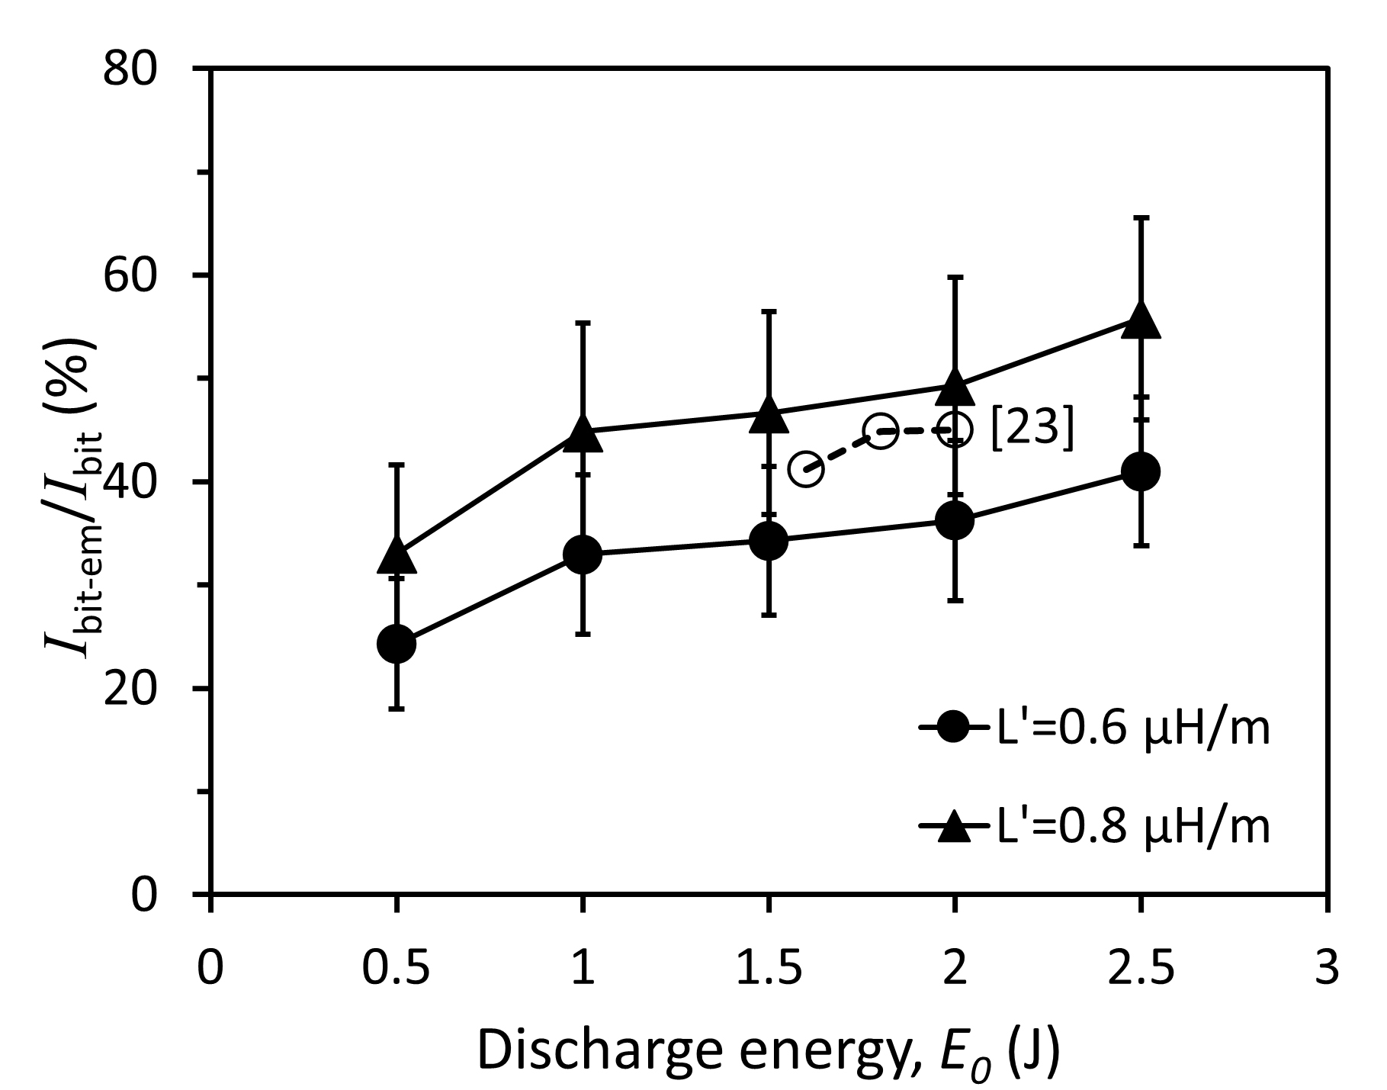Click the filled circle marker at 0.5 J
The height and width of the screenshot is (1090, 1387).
pyautogui.click(x=397, y=643)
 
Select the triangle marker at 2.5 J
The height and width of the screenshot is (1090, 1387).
pyautogui.click(x=1141, y=320)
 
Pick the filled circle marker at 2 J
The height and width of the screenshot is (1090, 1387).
pyautogui.click(x=955, y=521)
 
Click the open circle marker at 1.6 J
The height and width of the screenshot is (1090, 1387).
pyautogui.click(x=806, y=469)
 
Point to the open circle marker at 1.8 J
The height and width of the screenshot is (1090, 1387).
pyautogui.click(x=880, y=432)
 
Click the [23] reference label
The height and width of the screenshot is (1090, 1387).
pyautogui.click(x=1032, y=429)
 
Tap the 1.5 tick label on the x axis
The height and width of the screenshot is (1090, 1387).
pyautogui.click(x=769, y=967)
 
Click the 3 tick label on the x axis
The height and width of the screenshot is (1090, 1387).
pyautogui.click(x=1327, y=967)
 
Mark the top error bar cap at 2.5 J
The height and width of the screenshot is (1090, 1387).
pyautogui.click(x=1141, y=218)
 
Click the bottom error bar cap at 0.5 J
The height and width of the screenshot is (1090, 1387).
pyautogui.click(x=397, y=709)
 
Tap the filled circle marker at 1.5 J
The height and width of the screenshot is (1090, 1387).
pyautogui.click(x=769, y=541)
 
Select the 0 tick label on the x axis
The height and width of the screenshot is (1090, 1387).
pyautogui.click(x=210, y=967)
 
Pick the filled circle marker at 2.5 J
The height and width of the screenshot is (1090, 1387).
pyautogui.click(x=1141, y=471)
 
